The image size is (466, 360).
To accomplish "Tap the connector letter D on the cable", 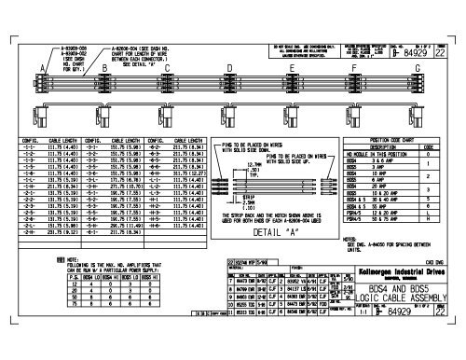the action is [x=229, y=68].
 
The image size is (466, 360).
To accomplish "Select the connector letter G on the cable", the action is [x=417, y=68].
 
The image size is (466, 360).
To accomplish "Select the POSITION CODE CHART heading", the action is [x=397, y=138].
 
